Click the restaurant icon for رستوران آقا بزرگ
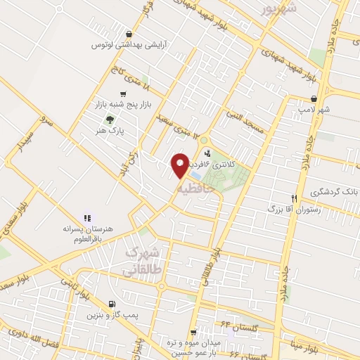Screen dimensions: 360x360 tap(295, 198)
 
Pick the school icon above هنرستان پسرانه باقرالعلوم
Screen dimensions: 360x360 tap(87, 219)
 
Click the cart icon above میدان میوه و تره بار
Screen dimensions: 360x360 tap(192, 333)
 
